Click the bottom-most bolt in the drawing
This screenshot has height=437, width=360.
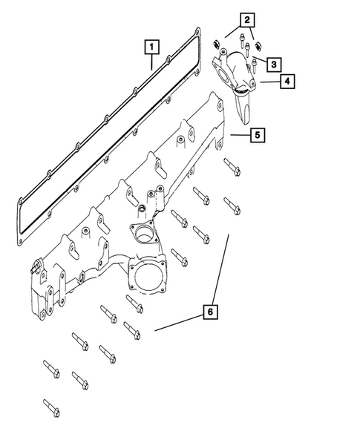point(52,407)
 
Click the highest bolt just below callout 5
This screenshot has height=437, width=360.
point(230,168)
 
